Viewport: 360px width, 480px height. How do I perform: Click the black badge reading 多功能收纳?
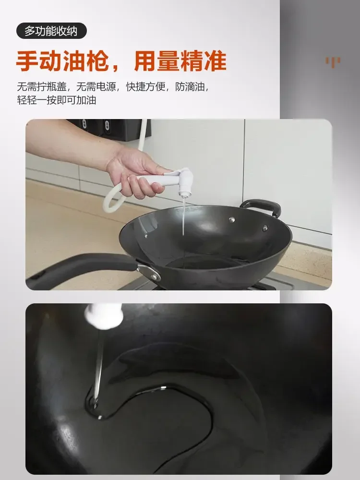51,31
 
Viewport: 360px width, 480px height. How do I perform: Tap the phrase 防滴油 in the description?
192,87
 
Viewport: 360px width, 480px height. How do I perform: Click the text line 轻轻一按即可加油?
57,100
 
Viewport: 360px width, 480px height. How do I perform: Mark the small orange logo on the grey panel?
333,61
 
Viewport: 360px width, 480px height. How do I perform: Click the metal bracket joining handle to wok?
150,271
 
